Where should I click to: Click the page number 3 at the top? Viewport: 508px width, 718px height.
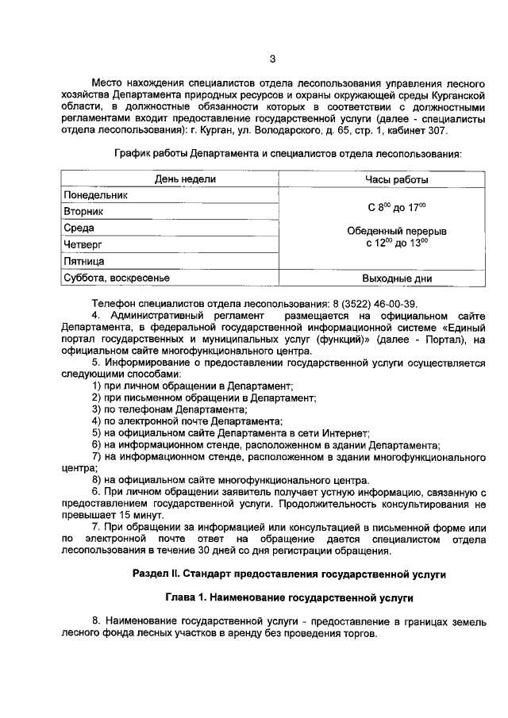click(272, 58)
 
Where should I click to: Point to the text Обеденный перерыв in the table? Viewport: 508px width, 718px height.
click(396, 231)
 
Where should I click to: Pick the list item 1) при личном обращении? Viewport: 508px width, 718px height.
click(192, 385)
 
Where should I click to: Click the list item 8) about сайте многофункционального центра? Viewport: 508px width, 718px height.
click(230, 480)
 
